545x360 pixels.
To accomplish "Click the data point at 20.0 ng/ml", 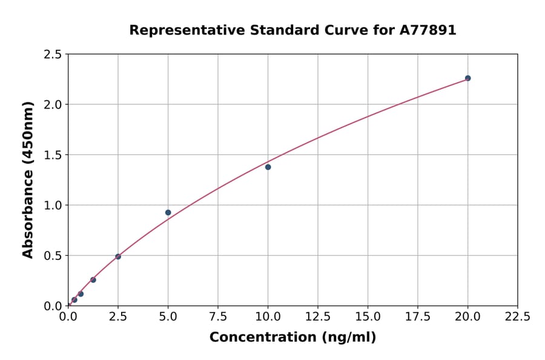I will pos(467,78).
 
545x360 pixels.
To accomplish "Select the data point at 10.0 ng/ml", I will pos(268,167).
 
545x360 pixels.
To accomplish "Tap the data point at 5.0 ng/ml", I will pos(168,213).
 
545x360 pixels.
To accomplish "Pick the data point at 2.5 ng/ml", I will pos(118,256).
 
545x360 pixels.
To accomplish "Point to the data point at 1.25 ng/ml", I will pos(93,279).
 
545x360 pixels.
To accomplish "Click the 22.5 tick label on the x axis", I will pos(517,316).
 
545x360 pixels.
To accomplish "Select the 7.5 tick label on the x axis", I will pos(218,316).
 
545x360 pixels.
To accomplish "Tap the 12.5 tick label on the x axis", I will pos(318,316).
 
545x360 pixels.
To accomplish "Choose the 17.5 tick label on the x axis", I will pos(418,316).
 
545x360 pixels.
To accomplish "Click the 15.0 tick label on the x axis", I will pos(368,316).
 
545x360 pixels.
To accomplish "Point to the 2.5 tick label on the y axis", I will pos(53,55).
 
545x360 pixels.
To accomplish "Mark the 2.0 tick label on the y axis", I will pos(53,105).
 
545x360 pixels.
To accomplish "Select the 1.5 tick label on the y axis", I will pos(53,155).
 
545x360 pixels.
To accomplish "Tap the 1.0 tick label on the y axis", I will pos(53,205).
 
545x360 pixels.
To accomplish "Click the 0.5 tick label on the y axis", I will pos(53,256).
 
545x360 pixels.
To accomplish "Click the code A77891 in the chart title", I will pos(427,30).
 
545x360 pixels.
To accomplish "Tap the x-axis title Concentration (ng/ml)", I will pos(292,338).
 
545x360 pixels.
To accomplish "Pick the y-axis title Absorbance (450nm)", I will pos(28,179).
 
